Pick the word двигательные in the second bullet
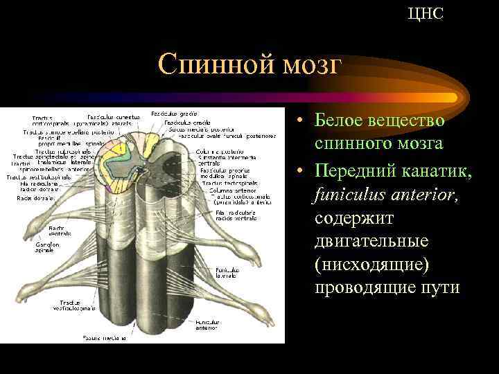[371, 242]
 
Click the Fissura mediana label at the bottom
[105, 339]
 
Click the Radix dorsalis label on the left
[32, 197]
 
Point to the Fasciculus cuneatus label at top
[111, 116]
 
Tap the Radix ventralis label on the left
[60, 230]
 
